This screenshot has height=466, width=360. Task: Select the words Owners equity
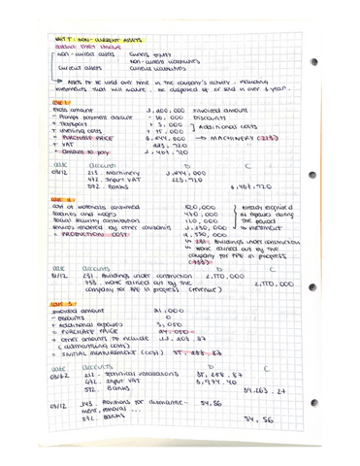pos(147,55)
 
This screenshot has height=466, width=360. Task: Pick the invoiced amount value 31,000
pos(169,340)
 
